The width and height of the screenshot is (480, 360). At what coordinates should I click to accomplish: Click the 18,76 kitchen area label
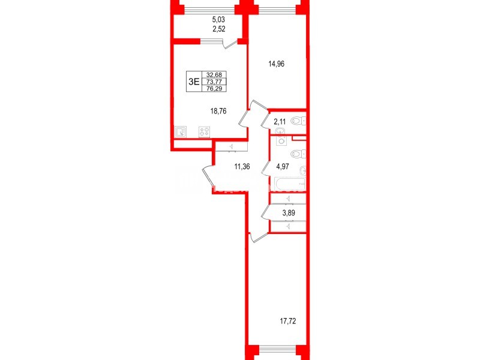tap(218, 111)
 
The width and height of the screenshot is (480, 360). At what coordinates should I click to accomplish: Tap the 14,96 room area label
tap(277, 64)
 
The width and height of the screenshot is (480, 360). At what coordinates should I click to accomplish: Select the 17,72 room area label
tap(288, 322)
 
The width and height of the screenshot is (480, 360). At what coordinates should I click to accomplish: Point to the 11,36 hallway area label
tap(242, 167)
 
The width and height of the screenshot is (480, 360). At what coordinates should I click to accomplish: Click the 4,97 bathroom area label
tap(282, 167)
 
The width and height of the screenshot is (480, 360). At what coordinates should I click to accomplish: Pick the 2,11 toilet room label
tap(280, 122)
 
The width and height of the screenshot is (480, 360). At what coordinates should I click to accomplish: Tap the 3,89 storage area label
tap(289, 213)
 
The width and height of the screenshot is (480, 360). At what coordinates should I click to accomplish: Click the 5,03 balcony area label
tap(218, 20)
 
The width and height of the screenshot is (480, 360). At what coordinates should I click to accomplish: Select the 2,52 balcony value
tap(218, 29)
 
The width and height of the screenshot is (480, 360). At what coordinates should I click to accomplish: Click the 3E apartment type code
tap(194, 82)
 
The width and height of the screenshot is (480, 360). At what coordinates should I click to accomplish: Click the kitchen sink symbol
tap(180, 132)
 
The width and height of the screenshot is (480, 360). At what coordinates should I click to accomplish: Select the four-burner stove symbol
tap(205, 132)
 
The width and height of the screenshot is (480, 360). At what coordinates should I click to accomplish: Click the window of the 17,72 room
tap(277, 349)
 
